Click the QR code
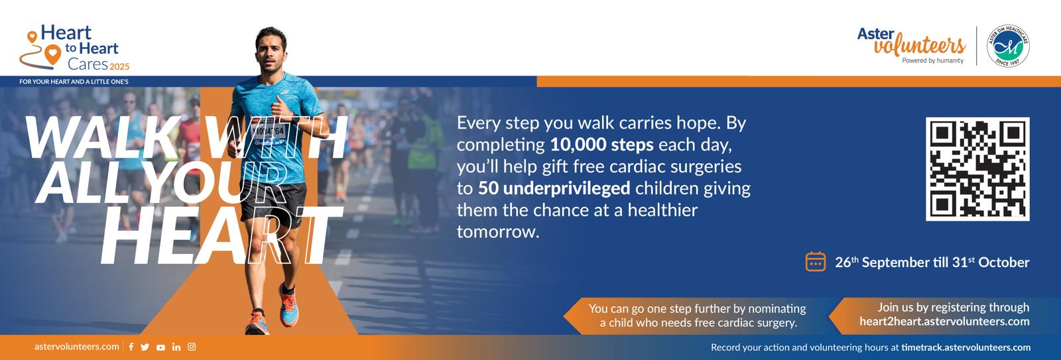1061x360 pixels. tap(977, 169)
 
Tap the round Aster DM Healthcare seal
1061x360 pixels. tap(1007, 46)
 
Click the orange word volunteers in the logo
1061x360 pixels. tap(919, 46)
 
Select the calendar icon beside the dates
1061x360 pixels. tap(815, 261)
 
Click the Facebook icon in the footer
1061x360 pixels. tap(131, 347)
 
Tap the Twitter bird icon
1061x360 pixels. tap(145, 347)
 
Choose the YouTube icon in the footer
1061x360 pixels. tap(161, 347)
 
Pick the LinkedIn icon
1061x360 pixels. tap(176, 347)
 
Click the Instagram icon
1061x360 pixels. tap(192, 347)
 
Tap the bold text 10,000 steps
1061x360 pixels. tap(601, 145)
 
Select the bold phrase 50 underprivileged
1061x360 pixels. tap(554, 188)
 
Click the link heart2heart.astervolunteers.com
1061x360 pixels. tap(944, 322)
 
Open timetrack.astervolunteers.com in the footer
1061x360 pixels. tap(966, 347)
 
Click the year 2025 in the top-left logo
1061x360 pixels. tap(119, 67)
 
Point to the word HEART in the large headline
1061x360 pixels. tap(221, 235)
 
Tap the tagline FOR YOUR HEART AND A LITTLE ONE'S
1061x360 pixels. tap(74, 82)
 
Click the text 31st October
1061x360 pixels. tap(991, 262)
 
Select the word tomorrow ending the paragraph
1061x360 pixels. tap(497, 232)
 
